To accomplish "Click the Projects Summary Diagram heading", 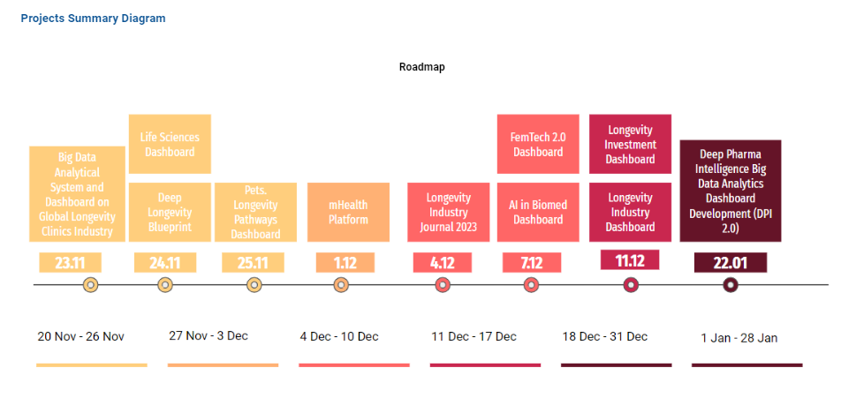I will pos(93,19).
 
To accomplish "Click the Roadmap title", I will pos(421,67).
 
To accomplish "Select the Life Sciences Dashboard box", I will pos(170,144).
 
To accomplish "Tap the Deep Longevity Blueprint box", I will pos(170,212).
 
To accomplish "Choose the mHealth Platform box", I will pos(348,212).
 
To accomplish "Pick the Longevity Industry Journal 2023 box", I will pos(448,212).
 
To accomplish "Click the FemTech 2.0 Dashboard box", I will pos(537,144).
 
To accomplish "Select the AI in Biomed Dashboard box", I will pos(537,212).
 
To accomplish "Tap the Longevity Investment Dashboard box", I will pos(630,144).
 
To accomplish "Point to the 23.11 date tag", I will pos(70,262).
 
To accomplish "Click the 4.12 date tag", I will pos(443,262).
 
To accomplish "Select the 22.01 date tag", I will pos(730,262).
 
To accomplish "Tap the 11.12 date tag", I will pos(630,260).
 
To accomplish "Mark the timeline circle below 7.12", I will pos(531,284).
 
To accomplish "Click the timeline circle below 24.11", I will pos(165,284).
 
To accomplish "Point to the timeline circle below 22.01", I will pos(730,284).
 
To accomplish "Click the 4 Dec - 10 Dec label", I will pos(339,336).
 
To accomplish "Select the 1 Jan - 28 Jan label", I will pos(739,338).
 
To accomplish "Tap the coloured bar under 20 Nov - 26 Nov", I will pos(91,364).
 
